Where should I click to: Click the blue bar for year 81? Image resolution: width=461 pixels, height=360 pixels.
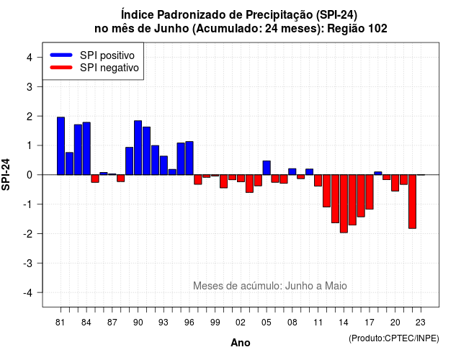[x=61, y=146]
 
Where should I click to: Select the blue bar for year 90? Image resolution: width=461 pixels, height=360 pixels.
[x=138, y=148]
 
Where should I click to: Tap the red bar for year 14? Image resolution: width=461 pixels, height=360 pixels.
[x=344, y=204]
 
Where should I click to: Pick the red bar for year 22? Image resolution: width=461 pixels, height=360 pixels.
[x=412, y=202]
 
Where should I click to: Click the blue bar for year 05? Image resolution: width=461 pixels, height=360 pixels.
[x=267, y=168]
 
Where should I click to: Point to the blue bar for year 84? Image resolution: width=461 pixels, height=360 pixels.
[x=86, y=149]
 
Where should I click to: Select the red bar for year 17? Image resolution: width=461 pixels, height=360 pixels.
[x=370, y=192]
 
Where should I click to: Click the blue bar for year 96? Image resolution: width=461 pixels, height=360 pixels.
[x=189, y=158]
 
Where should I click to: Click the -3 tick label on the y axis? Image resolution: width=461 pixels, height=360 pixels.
[x=28, y=264]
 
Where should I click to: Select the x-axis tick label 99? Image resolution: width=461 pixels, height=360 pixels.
[x=215, y=323]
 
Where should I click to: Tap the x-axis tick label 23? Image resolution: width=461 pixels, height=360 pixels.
[x=421, y=323]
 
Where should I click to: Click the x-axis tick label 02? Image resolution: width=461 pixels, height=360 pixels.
[x=241, y=323]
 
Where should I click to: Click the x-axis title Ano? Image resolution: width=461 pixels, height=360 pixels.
[x=241, y=343]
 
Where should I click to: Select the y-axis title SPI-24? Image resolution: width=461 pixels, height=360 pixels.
[x=6, y=174]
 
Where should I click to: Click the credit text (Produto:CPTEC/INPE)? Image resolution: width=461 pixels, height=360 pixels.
[x=394, y=338]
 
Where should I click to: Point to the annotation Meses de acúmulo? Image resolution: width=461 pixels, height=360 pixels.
[x=237, y=286]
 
